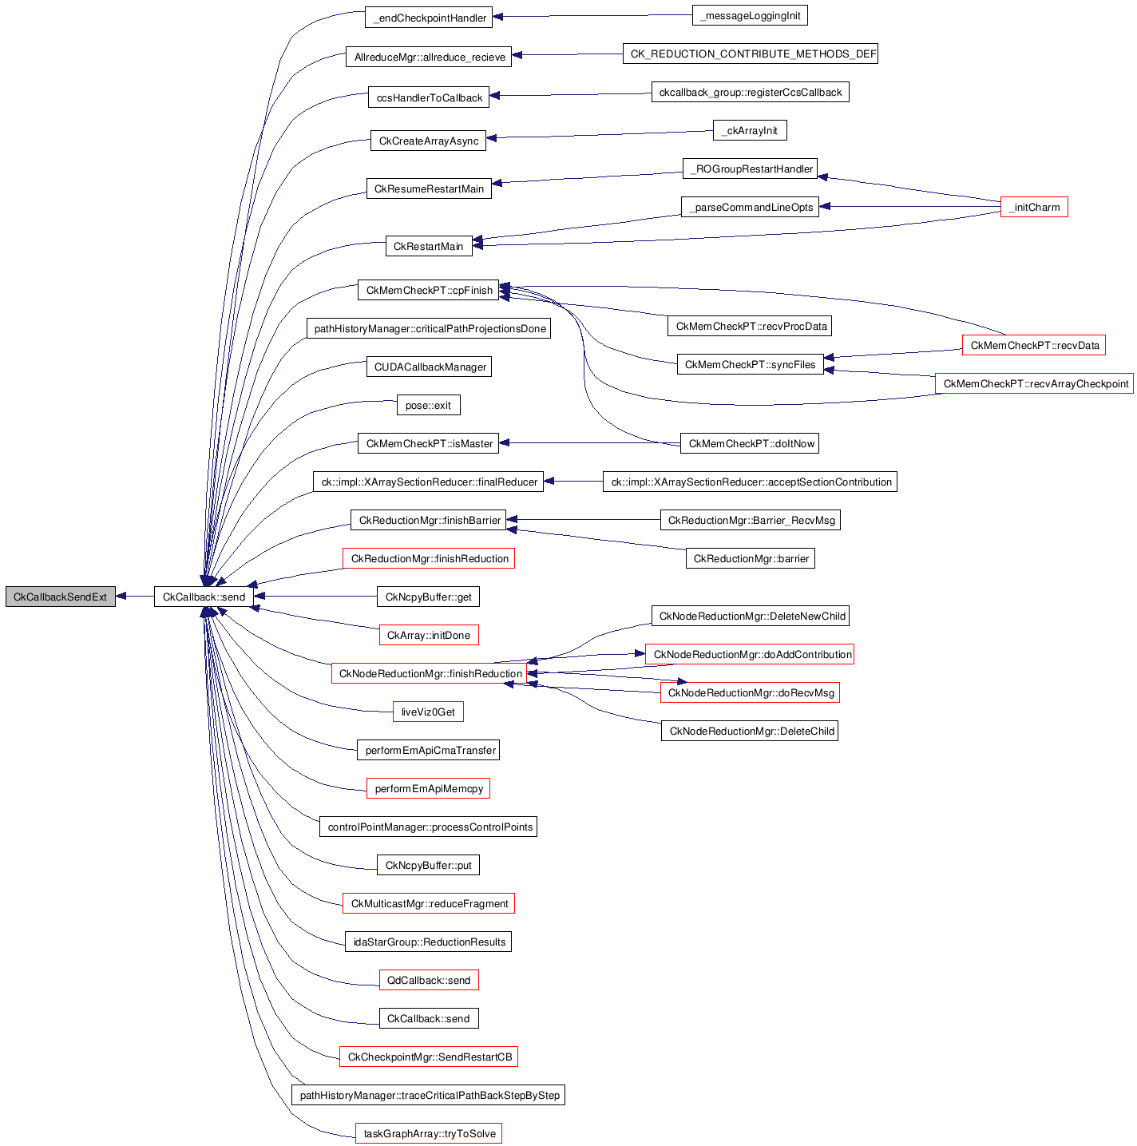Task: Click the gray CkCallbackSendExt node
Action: [61, 597]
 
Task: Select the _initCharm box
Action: [1034, 207]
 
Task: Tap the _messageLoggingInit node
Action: [750, 15]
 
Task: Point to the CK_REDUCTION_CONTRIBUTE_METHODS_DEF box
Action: [750, 54]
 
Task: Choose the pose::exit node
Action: [428, 405]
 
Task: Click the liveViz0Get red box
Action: [428, 712]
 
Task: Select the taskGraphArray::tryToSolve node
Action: [429, 1133]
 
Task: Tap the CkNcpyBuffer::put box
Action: [429, 865]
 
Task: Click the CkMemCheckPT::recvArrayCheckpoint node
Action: [1035, 383]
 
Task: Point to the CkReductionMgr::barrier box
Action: [750, 558]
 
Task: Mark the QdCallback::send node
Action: [429, 980]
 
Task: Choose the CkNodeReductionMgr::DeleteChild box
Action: [750, 731]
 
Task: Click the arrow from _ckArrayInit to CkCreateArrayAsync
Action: [599, 134]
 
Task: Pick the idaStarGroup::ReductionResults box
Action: [428, 942]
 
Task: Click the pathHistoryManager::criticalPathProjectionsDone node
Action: [429, 328]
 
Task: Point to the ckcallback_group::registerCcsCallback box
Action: [750, 92]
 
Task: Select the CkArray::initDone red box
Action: [429, 635]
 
